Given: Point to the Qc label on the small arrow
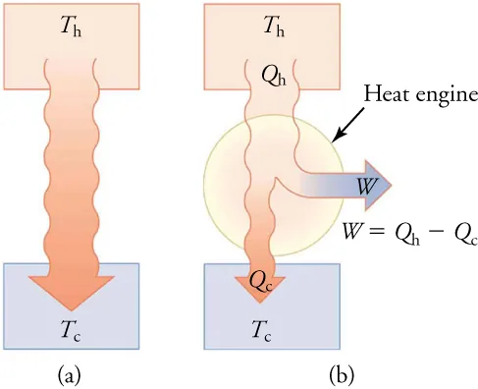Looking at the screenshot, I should [x=261, y=280].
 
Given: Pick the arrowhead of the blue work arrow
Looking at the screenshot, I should [x=377, y=184].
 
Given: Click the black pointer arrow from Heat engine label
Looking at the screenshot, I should [x=347, y=125].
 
